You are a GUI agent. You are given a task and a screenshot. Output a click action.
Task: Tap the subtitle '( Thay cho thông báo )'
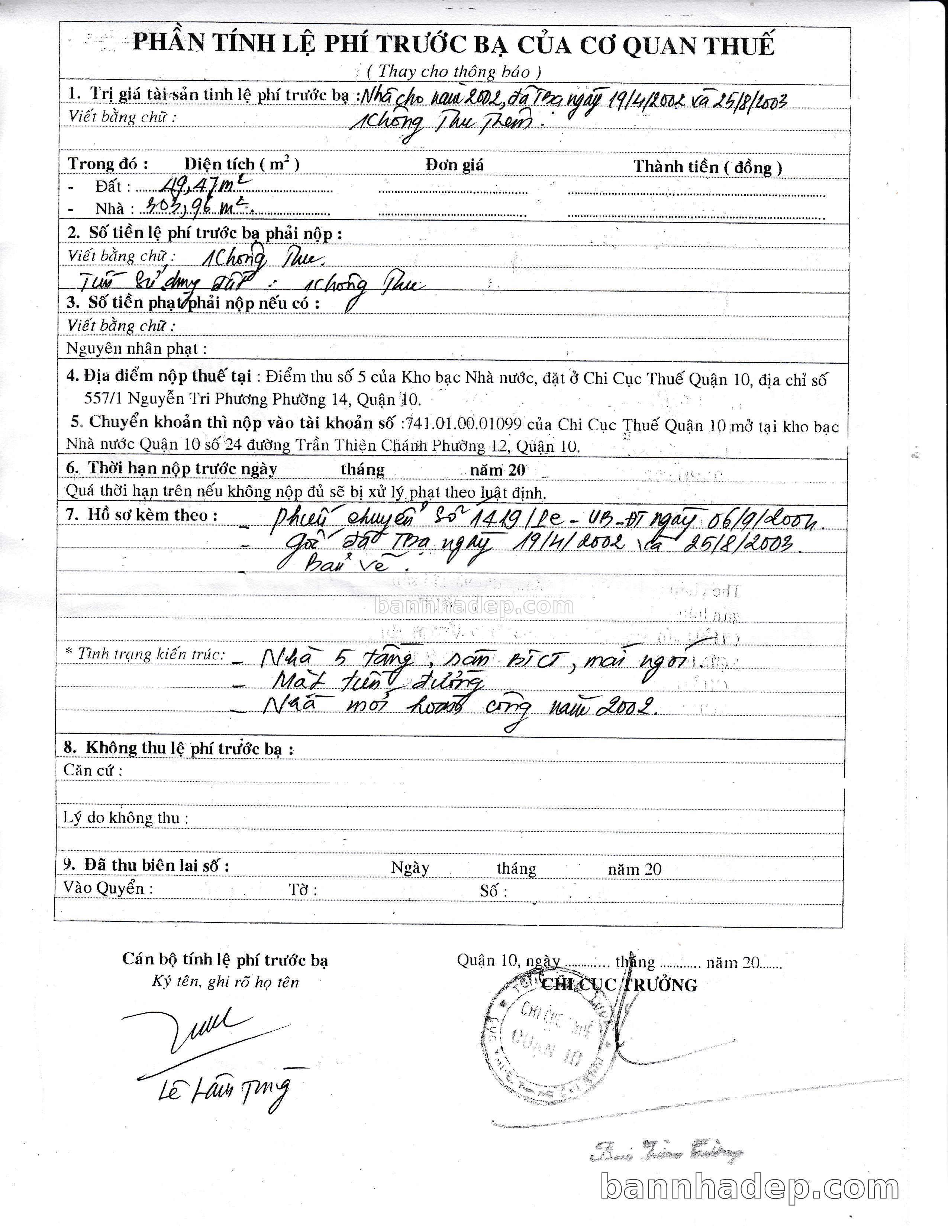(454, 72)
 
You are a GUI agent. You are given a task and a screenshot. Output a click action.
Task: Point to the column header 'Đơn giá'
(454, 165)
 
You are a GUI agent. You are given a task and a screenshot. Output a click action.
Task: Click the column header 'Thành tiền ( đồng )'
(707, 167)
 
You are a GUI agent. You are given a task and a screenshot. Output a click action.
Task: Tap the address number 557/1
(104, 399)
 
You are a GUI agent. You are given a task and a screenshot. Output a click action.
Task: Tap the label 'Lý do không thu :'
(125, 818)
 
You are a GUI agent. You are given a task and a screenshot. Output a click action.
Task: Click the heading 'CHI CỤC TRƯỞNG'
(619, 985)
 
